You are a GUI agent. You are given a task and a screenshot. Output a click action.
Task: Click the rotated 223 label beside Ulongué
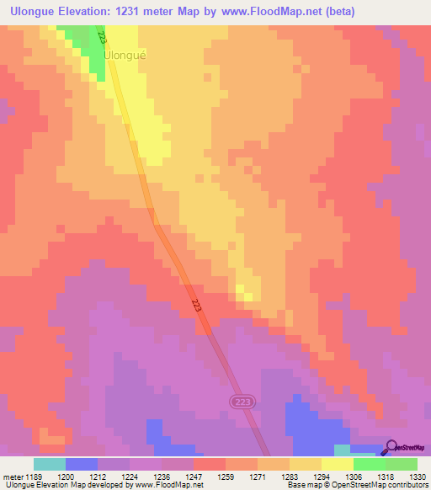coord(103,39)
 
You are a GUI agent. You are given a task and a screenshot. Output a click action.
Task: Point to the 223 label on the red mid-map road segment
coord(196,306)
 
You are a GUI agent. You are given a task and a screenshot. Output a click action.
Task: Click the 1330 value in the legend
coord(416,477)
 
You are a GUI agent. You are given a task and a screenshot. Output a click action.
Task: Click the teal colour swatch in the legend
coord(49,464)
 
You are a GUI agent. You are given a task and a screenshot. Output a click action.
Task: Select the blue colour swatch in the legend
coord(81,464)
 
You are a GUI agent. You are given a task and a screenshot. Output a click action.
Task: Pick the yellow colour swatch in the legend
coord(337,464)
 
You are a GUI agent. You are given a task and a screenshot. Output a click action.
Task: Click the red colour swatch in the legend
coord(209,464)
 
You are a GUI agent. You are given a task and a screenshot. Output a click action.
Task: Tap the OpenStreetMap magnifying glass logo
coord(391,449)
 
